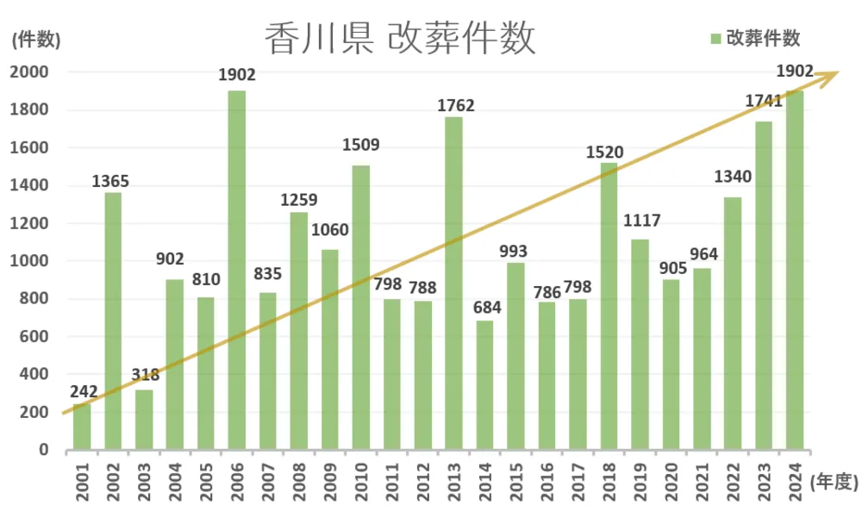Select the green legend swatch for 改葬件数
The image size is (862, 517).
click(x=715, y=39)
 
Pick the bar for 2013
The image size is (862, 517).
click(x=454, y=283)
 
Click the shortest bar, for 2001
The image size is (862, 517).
click(x=82, y=427)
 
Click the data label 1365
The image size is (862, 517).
click(x=112, y=181)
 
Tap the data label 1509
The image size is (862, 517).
click(x=361, y=145)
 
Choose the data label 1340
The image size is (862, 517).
click(x=733, y=178)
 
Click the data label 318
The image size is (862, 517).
click(x=144, y=375)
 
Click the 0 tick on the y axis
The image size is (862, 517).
click(x=43, y=450)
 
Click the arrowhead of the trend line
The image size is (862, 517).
click(x=830, y=75)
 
